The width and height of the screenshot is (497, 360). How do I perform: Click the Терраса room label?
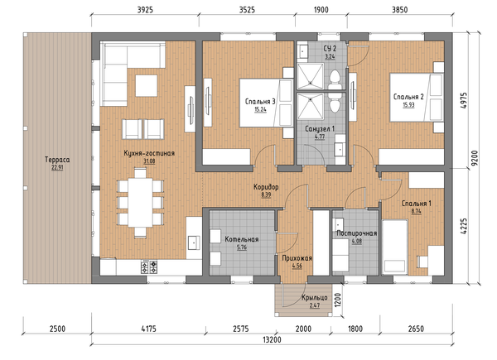click(x=57, y=160)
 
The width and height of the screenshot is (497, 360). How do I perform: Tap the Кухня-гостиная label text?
click(x=149, y=153)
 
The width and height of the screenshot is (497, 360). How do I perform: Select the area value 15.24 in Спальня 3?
click(x=260, y=109)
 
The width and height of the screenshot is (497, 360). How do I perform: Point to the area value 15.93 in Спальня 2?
click(x=408, y=105)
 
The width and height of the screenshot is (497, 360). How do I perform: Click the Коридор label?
click(x=266, y=187)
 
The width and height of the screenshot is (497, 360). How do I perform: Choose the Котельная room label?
click(x=242, y=239)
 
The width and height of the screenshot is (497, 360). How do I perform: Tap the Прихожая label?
click(x=297, y=258)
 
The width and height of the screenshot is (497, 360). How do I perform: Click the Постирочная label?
click(x=356, y=233)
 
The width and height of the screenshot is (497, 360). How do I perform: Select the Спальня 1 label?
click(x=416, y=204)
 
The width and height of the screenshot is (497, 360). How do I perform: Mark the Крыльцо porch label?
click(x=315, y=298)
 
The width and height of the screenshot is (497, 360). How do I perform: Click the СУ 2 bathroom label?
click(x=330, y=49)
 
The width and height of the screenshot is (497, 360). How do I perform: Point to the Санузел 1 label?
click(x=320, y=129)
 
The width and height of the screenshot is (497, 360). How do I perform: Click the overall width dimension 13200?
click(x=272, y=340)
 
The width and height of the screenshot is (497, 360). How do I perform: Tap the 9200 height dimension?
click(x=474, y=158)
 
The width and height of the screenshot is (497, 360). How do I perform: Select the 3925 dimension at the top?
click(x=145, y=10)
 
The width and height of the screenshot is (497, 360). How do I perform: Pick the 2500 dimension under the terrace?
click(x=57, y=329)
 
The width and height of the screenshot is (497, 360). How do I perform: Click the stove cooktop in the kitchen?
click(x=149, y=267)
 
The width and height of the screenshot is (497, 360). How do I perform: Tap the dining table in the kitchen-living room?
click(x=140, y=203)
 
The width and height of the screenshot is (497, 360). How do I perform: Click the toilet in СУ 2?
click(x=335, y=79)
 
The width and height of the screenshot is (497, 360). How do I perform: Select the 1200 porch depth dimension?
click(x=338, y=300)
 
